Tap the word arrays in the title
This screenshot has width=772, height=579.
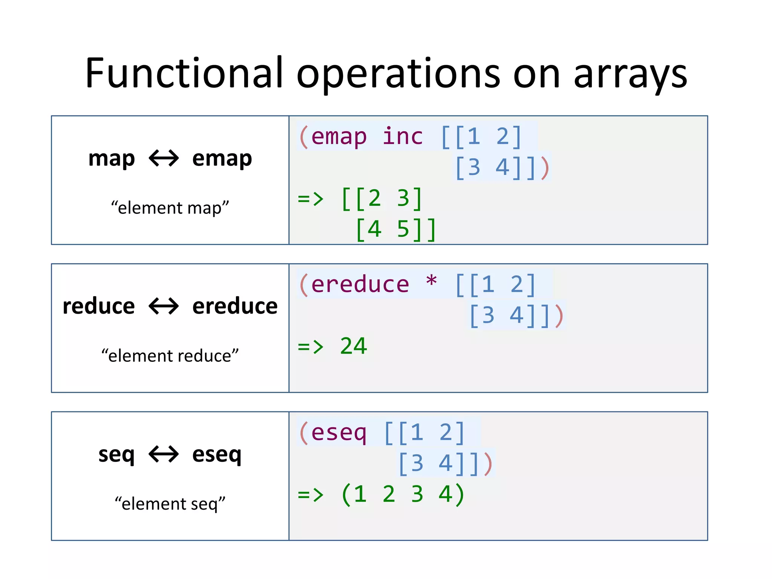tap(630, 74)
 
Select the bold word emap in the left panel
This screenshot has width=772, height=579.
tap(222, 158)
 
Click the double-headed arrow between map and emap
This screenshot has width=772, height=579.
tap(164, 158)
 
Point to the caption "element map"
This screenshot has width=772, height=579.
tap(170, 208)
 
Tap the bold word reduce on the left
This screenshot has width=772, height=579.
tap(99, 306)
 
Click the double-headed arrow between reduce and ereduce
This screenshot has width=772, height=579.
tap(164, 306)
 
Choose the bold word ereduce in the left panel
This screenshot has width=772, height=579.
tap(235, 306)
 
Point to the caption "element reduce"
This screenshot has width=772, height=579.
tap(170, 355)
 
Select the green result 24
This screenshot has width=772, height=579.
tap(353, 346)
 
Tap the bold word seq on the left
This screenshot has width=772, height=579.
tap(116, 454)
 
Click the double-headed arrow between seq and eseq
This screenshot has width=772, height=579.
tap(164, 454)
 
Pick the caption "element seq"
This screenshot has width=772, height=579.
tap(170, 504)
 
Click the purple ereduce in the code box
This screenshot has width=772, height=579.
tap(360, 284)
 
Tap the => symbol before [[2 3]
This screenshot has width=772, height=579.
tap(311, 198)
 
